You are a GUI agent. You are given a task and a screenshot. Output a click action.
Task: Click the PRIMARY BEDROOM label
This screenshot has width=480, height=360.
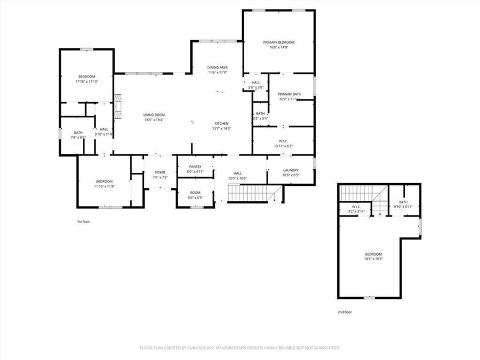pos(278,42)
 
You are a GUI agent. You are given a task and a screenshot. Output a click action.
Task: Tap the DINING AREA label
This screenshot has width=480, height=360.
pos(217,67)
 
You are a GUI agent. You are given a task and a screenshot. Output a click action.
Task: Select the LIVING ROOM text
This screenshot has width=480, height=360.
pos(154,115)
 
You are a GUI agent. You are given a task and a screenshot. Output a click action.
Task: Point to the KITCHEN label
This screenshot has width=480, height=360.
pos(222,123)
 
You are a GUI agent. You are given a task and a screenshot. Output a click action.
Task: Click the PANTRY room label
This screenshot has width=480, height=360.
pos(195,167)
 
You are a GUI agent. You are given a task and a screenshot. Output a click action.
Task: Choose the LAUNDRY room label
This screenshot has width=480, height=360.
pos(290,170)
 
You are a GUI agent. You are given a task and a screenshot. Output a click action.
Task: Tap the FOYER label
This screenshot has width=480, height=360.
pos(160,172)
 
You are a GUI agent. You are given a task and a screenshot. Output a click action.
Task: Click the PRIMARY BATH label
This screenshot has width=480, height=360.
pos(290,94)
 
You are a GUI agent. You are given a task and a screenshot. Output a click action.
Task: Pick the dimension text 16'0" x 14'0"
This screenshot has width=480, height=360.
pos(278,47)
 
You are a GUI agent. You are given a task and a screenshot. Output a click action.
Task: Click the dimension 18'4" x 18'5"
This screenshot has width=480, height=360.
pos(373,259)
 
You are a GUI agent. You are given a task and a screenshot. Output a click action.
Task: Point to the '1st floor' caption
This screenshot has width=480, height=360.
pos(83,222)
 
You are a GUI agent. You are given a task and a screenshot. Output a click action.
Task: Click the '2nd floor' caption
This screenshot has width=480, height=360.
pos(345,313)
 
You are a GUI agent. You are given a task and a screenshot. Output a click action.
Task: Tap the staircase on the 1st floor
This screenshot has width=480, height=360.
pos(251,193)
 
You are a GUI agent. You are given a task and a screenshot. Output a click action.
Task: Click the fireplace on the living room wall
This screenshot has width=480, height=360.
pos(119,107)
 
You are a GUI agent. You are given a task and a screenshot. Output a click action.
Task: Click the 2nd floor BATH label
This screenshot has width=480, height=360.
pos(403,202)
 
